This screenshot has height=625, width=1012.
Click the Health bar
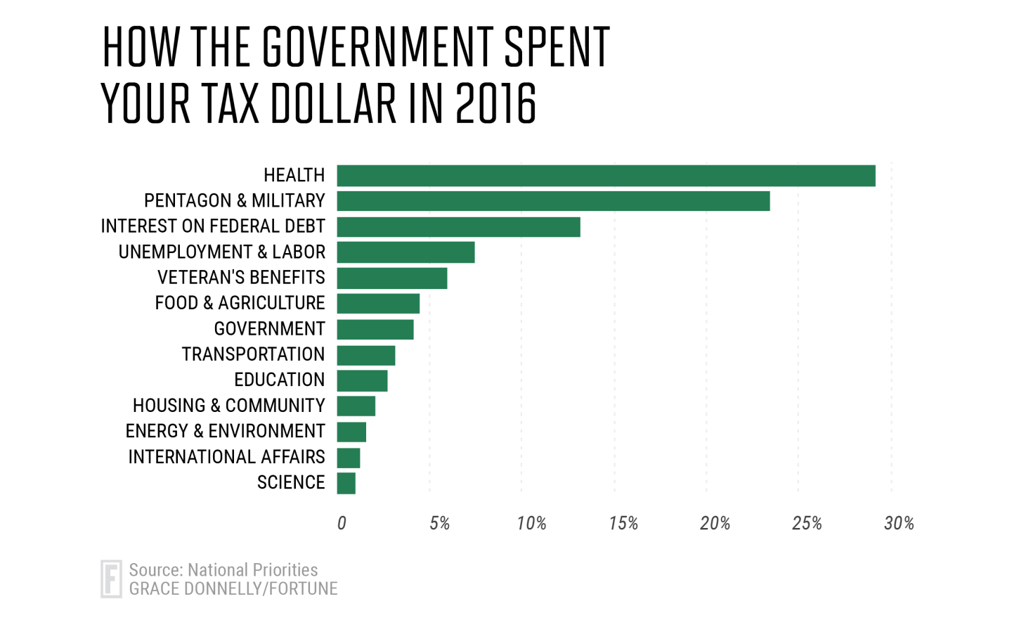(x=606, y=176)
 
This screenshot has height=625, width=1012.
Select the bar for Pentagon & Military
(x=553, y=201)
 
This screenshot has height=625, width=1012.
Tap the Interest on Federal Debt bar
(x=458, y=227)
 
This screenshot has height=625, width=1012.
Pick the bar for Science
(x=346, y=484)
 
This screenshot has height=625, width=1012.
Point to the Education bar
(x=362, y=381)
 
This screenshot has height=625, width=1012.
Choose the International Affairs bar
(x=349, y=458)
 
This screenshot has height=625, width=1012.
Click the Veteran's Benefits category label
(x=241, y=278)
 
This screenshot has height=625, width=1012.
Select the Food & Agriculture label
(x=240, y=303)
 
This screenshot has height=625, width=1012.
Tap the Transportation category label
(x=253, y=354)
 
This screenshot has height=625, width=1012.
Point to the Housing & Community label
(x=228, y=406)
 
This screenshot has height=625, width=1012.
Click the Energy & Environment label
(x=225, y=431)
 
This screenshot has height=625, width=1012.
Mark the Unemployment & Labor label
(x=221, y=252)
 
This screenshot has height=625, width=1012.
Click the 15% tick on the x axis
(x=623, y=523)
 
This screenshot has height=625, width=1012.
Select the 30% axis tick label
(x=899, y=523)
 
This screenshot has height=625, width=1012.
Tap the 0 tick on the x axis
(x=342, y=523)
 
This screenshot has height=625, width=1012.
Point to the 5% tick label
(x=439, y=523)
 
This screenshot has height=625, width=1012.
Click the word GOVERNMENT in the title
(x=377, y=48)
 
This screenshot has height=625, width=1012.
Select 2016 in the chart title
(x=496, y=104)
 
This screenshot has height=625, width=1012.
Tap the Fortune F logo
(x=111, y=579)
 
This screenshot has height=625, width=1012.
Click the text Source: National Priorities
(x=223, y=569)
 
